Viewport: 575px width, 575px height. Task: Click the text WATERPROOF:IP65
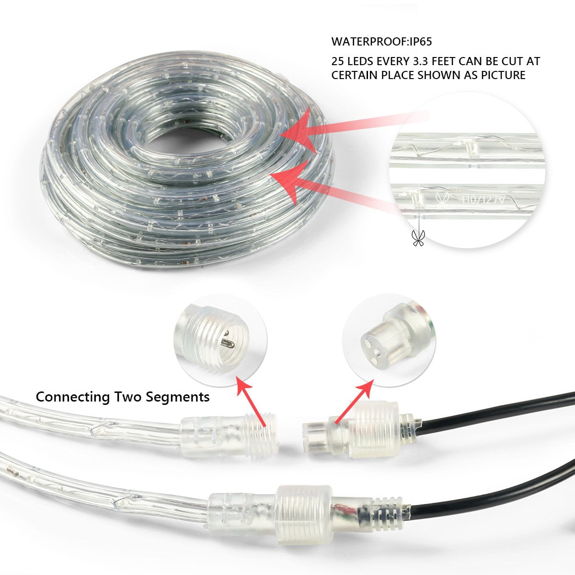[381, 42]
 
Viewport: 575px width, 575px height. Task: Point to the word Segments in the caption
[178, 397]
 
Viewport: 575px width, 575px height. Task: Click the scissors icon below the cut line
[418, 238]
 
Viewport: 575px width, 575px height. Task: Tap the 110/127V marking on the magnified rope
[483, 199]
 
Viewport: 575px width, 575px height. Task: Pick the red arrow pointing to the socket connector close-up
[355, 402]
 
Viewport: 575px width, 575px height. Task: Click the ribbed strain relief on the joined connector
[388, 506]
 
